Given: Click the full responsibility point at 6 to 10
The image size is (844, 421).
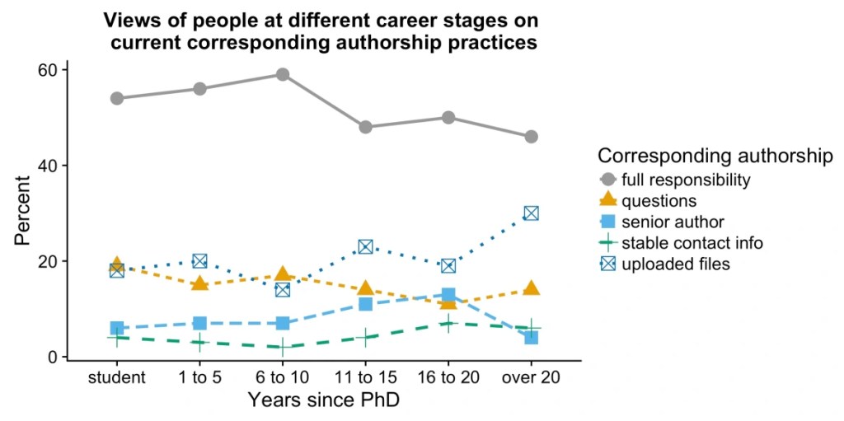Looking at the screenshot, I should pos(283,74).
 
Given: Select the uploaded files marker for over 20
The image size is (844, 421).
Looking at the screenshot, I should pos(531,213).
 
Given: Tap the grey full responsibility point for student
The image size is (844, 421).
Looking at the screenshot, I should pos(117,98).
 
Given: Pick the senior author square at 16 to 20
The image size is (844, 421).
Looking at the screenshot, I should pos(448,295).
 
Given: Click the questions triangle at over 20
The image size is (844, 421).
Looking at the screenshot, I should pos(531,288).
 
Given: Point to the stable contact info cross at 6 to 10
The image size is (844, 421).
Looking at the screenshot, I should pos(283,348).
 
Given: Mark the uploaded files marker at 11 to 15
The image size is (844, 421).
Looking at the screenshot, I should pos(365,246).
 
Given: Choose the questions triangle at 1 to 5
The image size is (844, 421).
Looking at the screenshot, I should pos(199,283).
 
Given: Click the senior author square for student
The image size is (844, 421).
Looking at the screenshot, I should pos(117,328).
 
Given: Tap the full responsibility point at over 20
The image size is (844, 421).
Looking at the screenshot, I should pos(531,136).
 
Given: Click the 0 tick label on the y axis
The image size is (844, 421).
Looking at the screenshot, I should pos(53,357).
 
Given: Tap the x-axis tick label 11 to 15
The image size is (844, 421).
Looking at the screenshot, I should pos(365,377).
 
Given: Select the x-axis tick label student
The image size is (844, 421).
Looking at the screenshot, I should pos(117,377).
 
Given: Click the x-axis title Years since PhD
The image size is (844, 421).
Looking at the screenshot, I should pos(324,400).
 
